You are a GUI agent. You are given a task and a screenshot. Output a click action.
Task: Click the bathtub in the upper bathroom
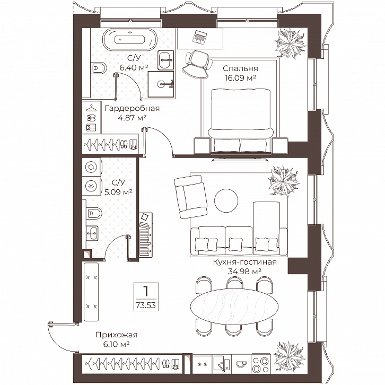coord(129,40)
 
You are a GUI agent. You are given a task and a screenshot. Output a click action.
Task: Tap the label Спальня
coord(240,68)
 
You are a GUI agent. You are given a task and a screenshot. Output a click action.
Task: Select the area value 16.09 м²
coord(240,78)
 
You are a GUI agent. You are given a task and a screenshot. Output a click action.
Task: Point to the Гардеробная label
coord(132,108)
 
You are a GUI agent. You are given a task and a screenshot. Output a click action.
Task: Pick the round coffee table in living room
coord(226,200)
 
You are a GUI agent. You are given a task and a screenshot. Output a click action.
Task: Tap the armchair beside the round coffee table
coord(190,196)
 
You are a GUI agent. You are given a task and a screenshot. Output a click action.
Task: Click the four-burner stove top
coord(261,365)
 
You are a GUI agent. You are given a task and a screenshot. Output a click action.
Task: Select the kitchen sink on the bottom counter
coord(222,365)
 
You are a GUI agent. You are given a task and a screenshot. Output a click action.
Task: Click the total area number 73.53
coord(146,305)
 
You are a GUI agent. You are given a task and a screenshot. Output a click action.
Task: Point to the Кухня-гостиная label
coord(244,262)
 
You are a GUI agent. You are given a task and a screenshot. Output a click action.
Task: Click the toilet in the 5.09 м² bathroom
coord(94,214)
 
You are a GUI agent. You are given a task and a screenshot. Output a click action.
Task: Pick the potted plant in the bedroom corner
coord(291,43)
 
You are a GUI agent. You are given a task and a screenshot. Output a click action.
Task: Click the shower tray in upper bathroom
coord(161,84)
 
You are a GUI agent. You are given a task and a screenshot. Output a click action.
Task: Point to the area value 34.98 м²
coord(244,272)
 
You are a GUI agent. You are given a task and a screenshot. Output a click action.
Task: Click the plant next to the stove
coord(289,357)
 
